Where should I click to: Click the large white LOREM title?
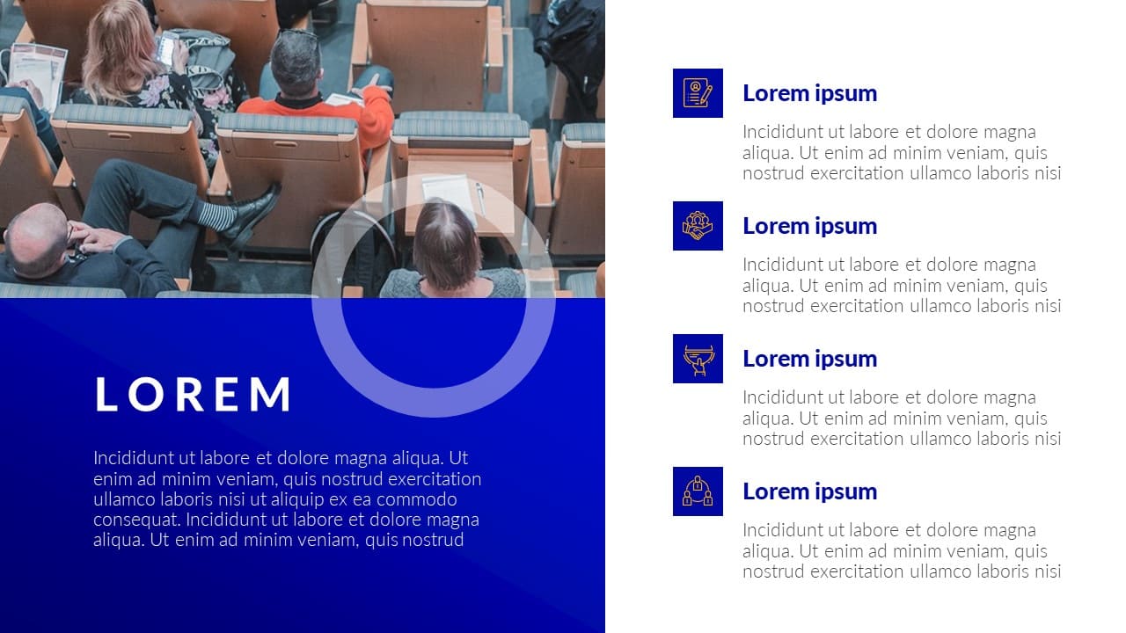(193, 395)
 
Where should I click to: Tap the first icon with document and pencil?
(698, 93)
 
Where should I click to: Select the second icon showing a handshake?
(698, 226)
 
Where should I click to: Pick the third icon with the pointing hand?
(698, 359)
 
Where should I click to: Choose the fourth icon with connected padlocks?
(698, 491)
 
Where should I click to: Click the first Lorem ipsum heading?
(810, 93)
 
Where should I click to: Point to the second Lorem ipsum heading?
(810, 226)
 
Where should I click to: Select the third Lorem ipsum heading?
(810, 359)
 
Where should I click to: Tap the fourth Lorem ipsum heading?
(810, 491)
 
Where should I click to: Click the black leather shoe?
(252, 214)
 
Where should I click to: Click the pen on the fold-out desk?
(479, 198)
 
